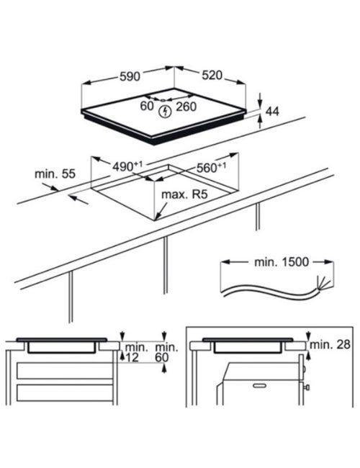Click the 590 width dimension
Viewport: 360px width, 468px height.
pos(130,76)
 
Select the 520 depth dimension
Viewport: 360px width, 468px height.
pos(212,75)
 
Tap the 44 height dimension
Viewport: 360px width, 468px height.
pos(272,112)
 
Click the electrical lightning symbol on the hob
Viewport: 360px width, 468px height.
pos(165,112)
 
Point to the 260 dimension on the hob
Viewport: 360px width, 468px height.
pos(186,107)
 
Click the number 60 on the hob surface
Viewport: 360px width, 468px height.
pos(147,106)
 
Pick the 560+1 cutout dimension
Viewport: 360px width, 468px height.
pos(211,168)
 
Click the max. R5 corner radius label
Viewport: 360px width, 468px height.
pos(184,194)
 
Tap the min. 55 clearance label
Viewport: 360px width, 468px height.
pos(55,174)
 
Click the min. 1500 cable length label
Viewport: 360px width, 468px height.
pos(282,262)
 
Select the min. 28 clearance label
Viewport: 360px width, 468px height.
pos(330,344)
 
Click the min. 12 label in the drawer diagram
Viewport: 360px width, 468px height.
pos(136,352)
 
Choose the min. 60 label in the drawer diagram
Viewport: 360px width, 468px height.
pos(166,352)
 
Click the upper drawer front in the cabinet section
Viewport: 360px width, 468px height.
pos(65,370)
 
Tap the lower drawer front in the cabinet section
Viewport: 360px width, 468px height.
pos(65,393)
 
